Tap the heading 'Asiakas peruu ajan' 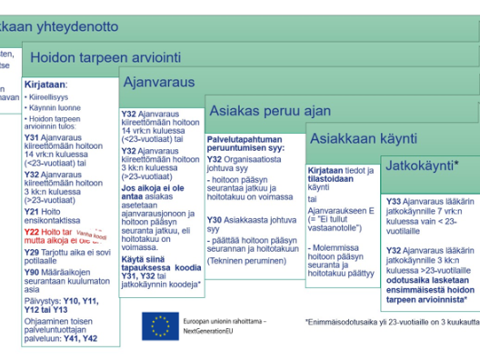[x=257, y=111]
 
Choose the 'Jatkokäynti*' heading [x=421, y=167]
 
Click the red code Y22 [x=31, y=233]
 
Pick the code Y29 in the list [x=31, y=252]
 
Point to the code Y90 [x=31, y=272]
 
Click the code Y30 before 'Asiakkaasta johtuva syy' [x=214, y=220]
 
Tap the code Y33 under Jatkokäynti [x=394, y=201]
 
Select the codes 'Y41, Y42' [x=81, y=338]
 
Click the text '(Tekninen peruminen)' [x=242, y=259]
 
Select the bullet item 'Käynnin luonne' [x=53, y=107]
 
